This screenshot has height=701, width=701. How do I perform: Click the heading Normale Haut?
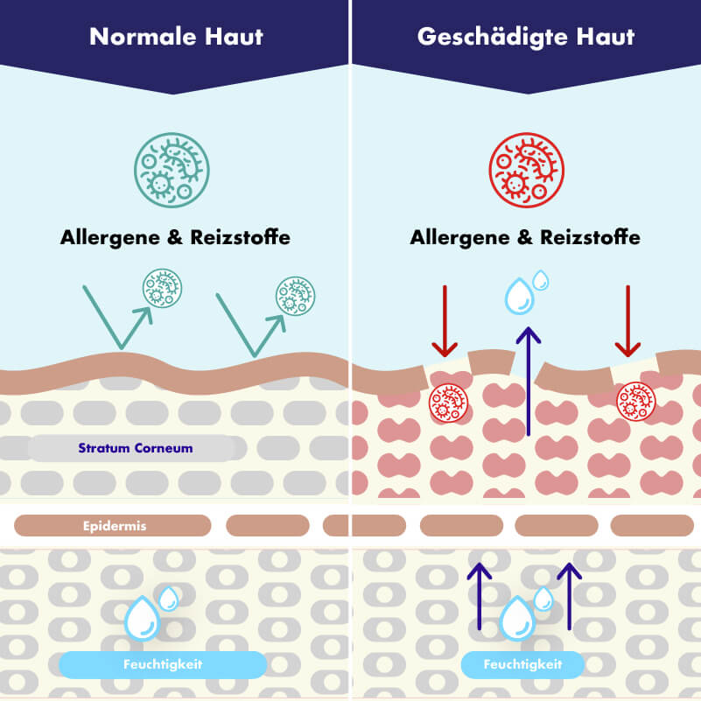[x=176, y=37]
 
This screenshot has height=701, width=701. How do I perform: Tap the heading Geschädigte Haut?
[x=526, y=37]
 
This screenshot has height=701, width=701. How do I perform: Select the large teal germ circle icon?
[x=172, y=170]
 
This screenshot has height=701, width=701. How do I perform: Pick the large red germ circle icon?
[x=525, y=170]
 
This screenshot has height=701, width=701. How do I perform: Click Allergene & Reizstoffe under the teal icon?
[x=175, y=237]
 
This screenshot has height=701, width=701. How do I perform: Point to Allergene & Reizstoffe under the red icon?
[x=525, y=237]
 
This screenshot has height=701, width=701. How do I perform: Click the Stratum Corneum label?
[x=135, y=448]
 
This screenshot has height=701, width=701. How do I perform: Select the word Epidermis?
[x=114, y=525]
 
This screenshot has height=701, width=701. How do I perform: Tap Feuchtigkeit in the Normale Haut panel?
[x=162, y=664]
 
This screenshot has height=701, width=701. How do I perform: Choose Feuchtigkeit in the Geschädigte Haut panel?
[x=522, y=664]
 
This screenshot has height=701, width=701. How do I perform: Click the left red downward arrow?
[x=445, y=320]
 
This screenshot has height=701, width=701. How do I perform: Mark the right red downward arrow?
[x=627, y=320]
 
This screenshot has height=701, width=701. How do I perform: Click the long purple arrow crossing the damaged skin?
[x=528, y=380]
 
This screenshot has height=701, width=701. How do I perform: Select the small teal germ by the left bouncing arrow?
[x=162, y=288]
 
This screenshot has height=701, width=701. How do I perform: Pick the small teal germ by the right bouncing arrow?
[x=295, y=296]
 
